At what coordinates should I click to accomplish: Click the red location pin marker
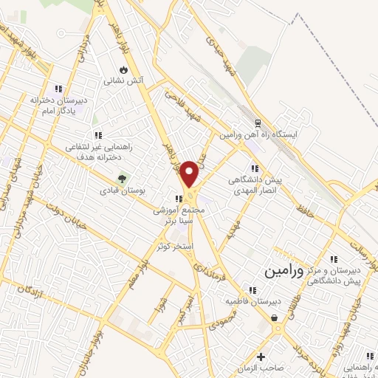click(x=189, y=173)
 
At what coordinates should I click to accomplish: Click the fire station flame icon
click(x=123, y=69)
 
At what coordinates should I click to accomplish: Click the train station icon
click(x=258, y=124)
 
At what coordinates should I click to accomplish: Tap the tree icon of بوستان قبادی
click(x=123, y=179)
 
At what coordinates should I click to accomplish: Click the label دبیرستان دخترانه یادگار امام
click(x=59, y=103)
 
